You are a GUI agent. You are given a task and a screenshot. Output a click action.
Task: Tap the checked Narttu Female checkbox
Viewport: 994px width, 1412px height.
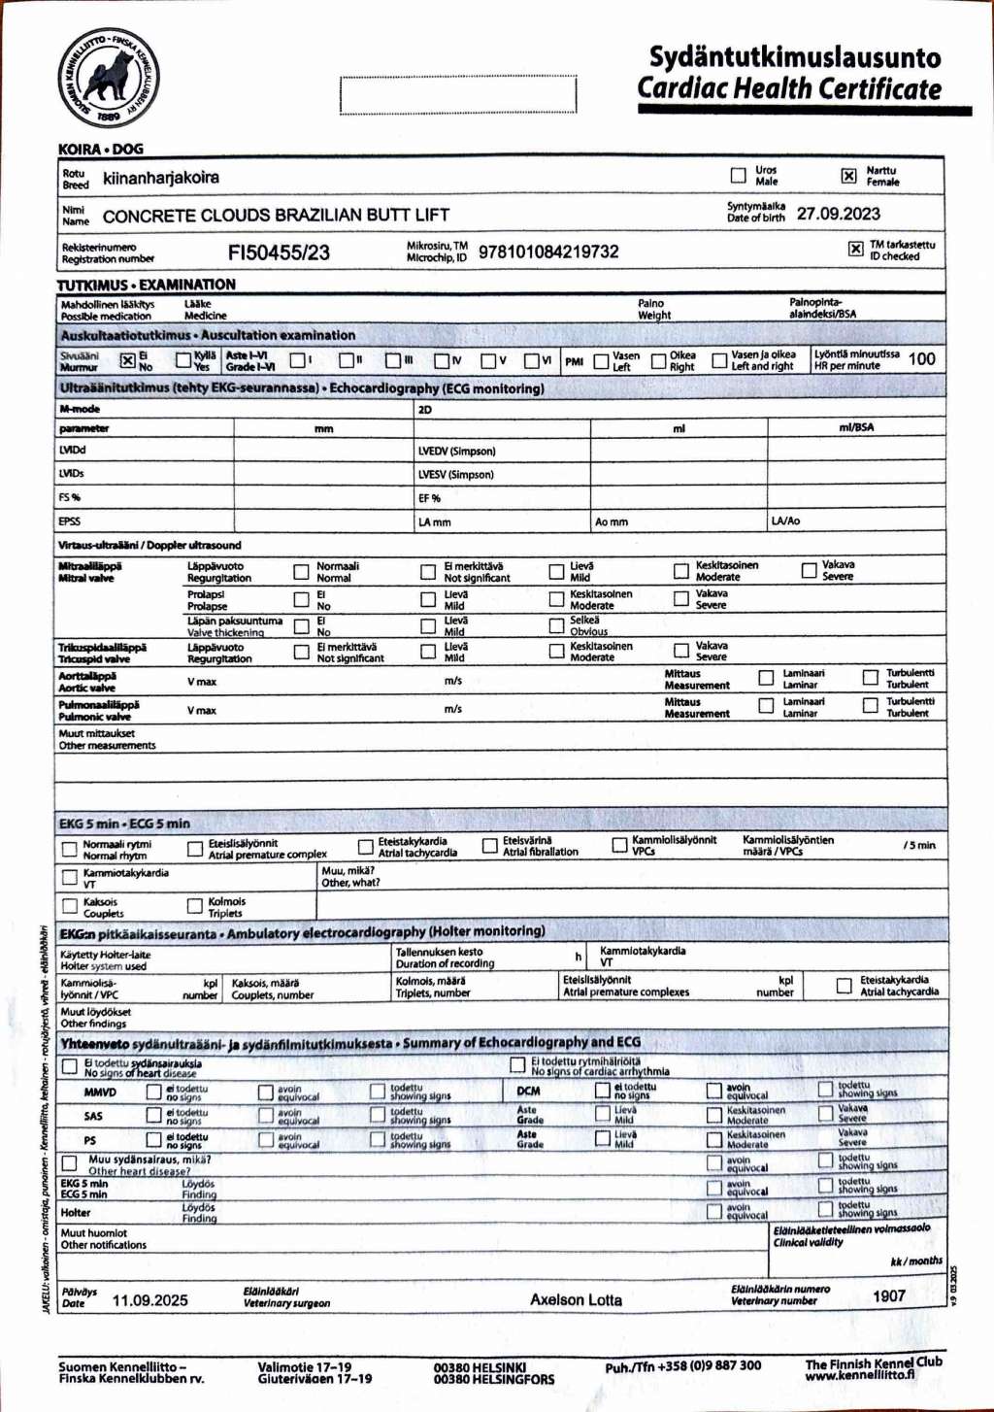point(848,176)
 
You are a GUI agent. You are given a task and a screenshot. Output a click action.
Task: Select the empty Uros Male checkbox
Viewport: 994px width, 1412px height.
point(738,176)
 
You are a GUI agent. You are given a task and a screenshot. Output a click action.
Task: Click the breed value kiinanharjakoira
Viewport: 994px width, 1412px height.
point(161,178)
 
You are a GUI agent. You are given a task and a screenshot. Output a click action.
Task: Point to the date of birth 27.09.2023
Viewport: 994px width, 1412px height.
point(839,214)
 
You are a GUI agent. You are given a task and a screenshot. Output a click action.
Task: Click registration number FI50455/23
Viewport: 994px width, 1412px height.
point(279,252)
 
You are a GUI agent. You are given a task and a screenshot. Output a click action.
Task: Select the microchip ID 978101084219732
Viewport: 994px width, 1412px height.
point(548,252)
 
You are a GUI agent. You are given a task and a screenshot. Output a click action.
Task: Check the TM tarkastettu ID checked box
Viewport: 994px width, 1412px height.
point(855,249)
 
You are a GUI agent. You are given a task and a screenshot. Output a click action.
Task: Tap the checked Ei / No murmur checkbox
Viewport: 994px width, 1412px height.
point(127,360)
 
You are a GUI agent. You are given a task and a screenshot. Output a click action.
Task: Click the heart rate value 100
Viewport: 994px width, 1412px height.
point(921,358)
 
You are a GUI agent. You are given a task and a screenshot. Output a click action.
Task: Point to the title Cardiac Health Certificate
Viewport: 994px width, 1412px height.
point(789,88)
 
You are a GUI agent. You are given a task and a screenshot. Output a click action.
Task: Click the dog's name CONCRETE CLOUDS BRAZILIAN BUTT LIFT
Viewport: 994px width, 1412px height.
point(276,216)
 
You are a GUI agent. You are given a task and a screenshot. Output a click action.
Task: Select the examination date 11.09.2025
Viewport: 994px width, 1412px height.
point(150,1300)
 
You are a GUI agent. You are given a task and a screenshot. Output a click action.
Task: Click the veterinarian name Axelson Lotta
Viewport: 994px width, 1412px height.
point(576,1299)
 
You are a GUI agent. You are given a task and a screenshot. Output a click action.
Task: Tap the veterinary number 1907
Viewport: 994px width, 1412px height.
point(888,1295)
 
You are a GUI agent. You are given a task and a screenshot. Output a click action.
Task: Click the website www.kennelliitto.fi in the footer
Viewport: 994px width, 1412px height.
point(859,1375)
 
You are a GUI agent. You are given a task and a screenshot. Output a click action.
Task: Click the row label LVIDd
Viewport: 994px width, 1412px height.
point(73,451)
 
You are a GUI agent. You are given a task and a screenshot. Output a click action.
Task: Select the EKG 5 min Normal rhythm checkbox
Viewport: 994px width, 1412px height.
point(70,849)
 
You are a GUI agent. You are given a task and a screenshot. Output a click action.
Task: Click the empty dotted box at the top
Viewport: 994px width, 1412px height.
point(458,95)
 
